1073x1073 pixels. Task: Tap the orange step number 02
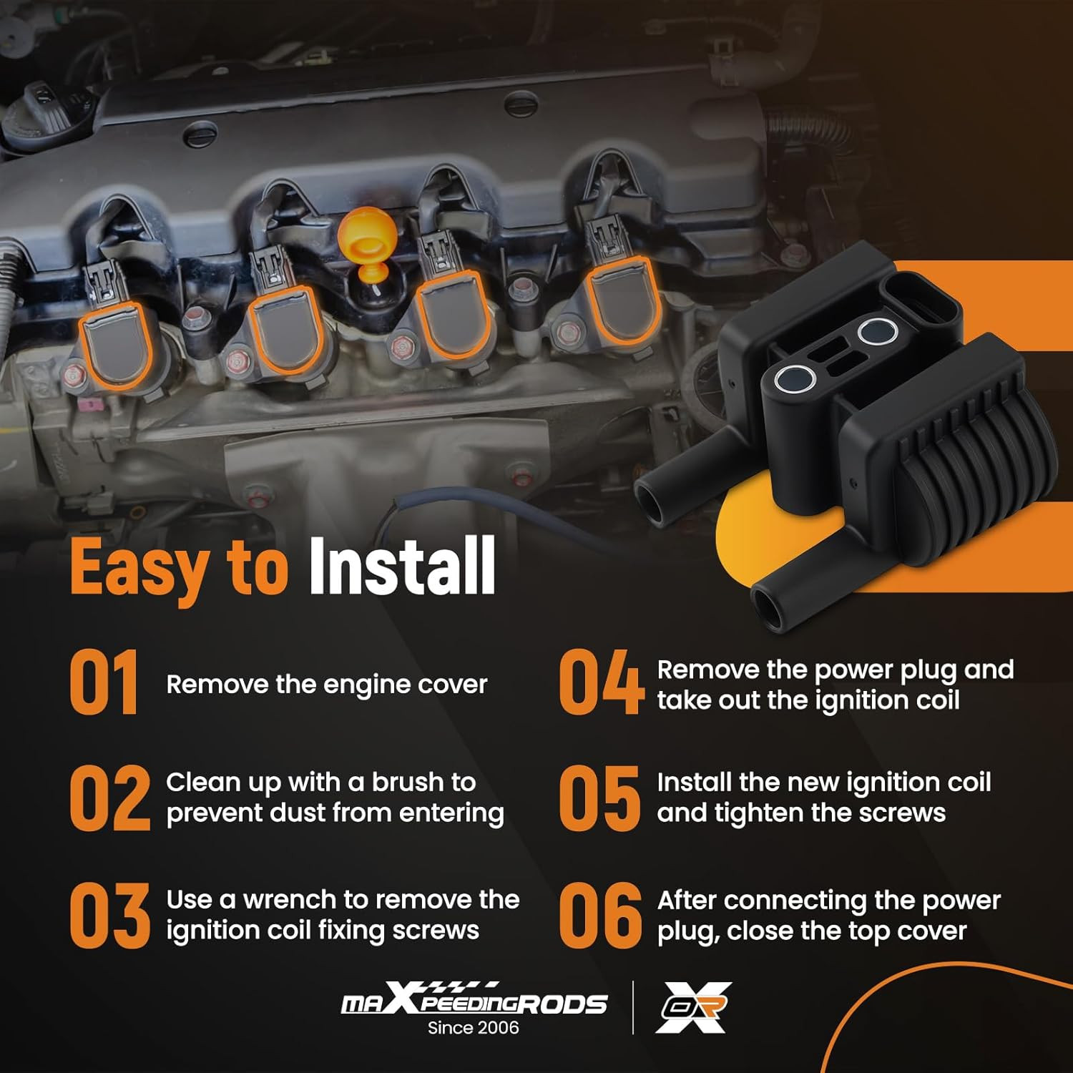point(110,798)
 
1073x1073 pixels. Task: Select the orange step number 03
point(110,915)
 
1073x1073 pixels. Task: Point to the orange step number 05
point(599,798)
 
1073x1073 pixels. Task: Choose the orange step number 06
point(600,915)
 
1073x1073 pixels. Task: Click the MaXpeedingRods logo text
point(474,999)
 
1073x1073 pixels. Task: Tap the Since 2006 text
point(474,1028)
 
